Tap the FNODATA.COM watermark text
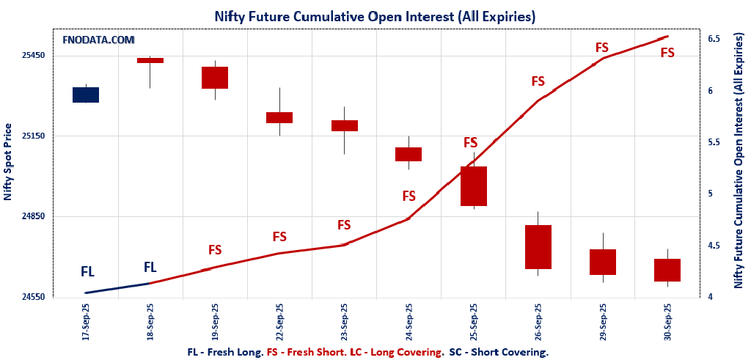pos(98,40)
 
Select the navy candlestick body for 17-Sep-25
pos(86,95)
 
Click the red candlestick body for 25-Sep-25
pos(474,186)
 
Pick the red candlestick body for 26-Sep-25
pos(538,247)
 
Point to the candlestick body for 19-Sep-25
pos(215,78)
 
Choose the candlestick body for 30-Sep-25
pos(667,270)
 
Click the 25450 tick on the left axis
pos(32,56)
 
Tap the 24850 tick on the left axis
pos(32,216)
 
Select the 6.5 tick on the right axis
pos(714,38)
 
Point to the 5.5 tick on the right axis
pos(714,142)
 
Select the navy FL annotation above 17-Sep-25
pos(87,272)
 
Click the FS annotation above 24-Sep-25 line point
pos(409,196)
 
